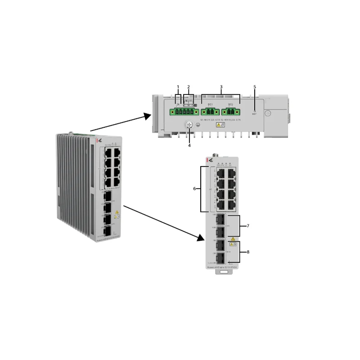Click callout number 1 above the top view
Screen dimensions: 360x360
[178, 86]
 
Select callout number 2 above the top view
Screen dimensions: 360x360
[189, 86]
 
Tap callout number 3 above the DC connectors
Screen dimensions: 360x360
[221, 86]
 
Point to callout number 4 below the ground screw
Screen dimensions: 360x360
[189, 145]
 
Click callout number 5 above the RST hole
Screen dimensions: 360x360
[254, 86]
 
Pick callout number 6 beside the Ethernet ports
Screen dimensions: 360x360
[194, 189]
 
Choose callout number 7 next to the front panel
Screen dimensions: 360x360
[247, 225]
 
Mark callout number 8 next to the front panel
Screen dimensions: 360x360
[247, 252]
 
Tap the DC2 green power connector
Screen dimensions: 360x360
[231, 112]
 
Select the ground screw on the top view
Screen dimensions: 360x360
[189, 127]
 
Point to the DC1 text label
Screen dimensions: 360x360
[210, 104]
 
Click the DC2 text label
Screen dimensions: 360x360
[231, 104]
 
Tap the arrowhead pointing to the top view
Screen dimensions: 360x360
[147, 116]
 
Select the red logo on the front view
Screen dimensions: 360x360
[207, 160]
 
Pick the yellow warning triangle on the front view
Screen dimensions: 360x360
[233, 239]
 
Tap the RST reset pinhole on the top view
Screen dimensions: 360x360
[255, 111]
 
